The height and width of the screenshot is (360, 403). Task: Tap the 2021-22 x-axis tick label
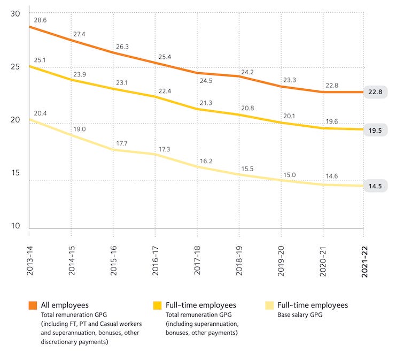click(x=365, y=257)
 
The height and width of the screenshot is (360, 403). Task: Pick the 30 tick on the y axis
click(x=15, y=13)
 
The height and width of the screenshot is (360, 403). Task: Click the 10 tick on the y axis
click(x=15, y=226)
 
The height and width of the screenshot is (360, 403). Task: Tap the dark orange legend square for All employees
click(x=33, y=305)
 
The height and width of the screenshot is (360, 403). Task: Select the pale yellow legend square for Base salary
click(x=269, y=305)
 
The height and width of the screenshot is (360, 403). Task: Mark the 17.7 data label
click(x=122, y=143)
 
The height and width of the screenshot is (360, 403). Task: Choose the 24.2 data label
click(x=247, y=72)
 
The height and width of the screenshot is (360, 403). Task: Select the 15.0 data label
click(x=289, y=174)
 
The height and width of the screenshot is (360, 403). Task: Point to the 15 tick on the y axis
click(x=15, y=173)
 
